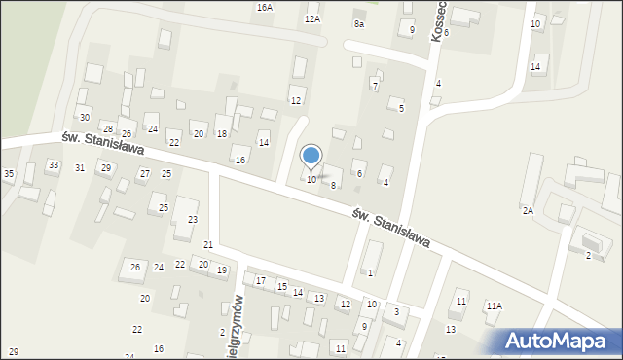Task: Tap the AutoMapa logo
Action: (556, 340)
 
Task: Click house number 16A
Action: (265, 7)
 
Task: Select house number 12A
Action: (311, 18)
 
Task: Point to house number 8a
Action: (359, 23)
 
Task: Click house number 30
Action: (85, 117)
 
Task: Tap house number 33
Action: (53, 165)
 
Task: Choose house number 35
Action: (9, 173)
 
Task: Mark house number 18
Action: (222, 133)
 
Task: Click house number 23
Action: (193, 219)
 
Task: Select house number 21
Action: (208, 243)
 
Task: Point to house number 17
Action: (261, 281)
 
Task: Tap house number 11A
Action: (495, 306)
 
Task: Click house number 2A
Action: (528, 210)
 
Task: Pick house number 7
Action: (375, 87)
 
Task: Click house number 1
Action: (370, 272)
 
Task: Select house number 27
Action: (144, 173)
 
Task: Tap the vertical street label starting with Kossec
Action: (437, 19)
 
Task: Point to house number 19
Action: (222, 270)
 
